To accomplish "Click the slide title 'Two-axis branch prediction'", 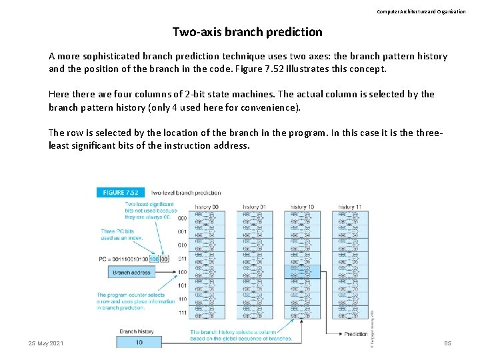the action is pyautogui.click(x=247, y=32).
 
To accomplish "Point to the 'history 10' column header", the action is pyautogui.click(x=301, y=207).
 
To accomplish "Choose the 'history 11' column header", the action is pyautogui.click(x=349, y=207).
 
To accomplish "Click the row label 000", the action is pyautogui.click(x=182, y=219).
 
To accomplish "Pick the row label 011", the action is pyautogui.click(x=182, y=259).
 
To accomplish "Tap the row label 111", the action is pyautogui.click(x=182, y=313).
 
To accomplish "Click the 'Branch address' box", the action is pyautogui.click(x=131, y=272).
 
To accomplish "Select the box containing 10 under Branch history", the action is pyautogui.click(x=139, y=342).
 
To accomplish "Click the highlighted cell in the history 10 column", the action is pyautogui.click(x=301, y=272).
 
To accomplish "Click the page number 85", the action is pyautogui.click(x=447, y=343).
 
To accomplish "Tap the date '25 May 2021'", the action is pyautogui.click(x=46, y=343).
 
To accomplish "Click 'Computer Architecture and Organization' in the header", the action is pyautogui.click(x=421, y=11).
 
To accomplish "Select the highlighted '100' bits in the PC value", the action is pyautogui.click(x=155, y=259).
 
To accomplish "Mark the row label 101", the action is pyautogui.click(x=182, y=285).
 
